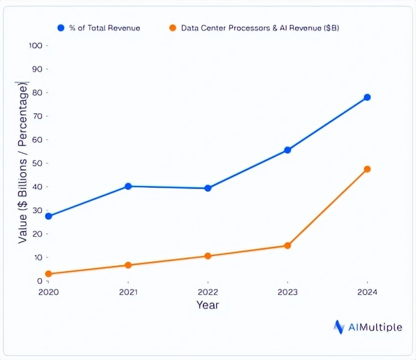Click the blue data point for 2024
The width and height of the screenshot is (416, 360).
pyautogui.click(x=367, y=98)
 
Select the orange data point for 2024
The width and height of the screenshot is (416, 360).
pyautogui.click(x=367, y=169)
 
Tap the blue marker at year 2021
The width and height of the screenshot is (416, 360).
pyautogui.click(x=128, y=187)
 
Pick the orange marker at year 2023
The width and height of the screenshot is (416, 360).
pyautogui.click(x=287, y=245)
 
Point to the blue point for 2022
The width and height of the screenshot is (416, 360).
pyautogui.click(x=208, y=188)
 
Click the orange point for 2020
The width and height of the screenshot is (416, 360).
pyautogui.click(x=48, y=274)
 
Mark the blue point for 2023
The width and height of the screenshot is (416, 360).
pyautogui.click(x=287, y=150)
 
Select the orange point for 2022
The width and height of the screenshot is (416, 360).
pyautogui.click(x=208, y=256)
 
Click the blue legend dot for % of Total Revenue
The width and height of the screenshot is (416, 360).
pyautogui.click(x=61, y=28)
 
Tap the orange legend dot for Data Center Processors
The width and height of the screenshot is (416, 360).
pyautogui.click(x=173, y=28)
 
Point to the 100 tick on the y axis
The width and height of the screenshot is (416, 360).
pyautogui.click(x=36, y=46)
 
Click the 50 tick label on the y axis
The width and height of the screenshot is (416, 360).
pyautogui.click(x=37, y=163)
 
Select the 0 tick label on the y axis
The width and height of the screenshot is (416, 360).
pyautogui.click(x=40, y=281)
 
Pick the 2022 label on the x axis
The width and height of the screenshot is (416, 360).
pyautogui.click(x=208, y=291)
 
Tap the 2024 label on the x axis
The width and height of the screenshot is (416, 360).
pyautogui.click(x=367, y=291)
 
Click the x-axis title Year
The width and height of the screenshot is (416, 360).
pyautogui.click(x=208, y=305)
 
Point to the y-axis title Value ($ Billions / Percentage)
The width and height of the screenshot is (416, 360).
pyautogui.click(x=23, y=164)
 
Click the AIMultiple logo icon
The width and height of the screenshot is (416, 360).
pyautogui.click(x=339, y=327)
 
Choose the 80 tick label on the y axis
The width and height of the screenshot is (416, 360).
pyautogui.click(x=37, y=93)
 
